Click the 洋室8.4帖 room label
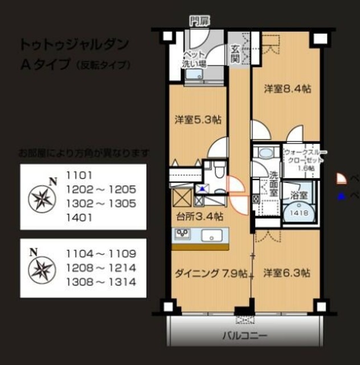click(x=287, y=88)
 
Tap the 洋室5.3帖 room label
click(x=198, y=120)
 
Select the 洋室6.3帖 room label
click(x=287, y=273)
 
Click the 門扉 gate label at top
click(x=199, y=22)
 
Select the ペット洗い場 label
click(x=194, y=60)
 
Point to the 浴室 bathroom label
click(x=299, y=195)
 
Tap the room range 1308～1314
click(x=101, y=282)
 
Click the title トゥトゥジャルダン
click(x=75, y=44)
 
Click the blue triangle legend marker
click(x=340, y=196)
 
